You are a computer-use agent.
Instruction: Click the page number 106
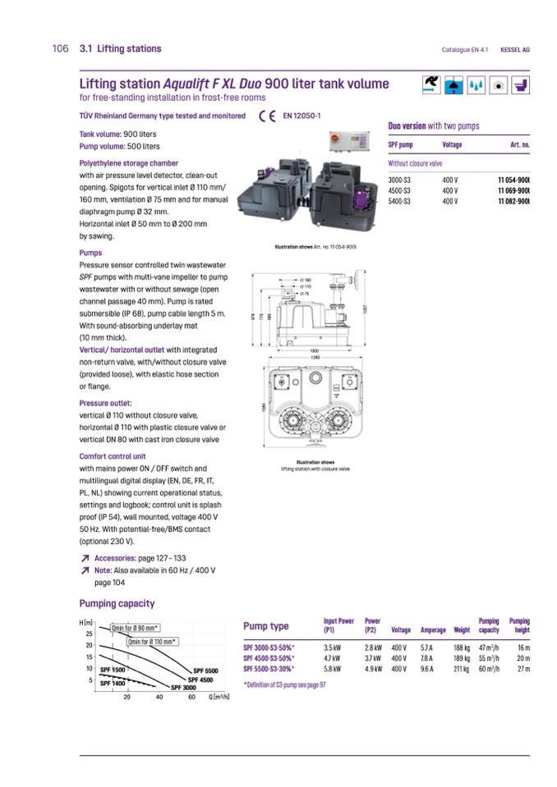59,49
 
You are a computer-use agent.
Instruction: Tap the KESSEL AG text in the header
514,50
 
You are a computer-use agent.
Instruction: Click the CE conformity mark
266,117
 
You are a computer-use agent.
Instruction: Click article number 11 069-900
513,190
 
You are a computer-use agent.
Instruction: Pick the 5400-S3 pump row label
401,200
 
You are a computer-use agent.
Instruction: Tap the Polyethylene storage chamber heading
128,163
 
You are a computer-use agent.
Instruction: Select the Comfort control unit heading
113,456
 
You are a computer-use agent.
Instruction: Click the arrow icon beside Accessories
85,558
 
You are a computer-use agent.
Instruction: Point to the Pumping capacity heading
117,603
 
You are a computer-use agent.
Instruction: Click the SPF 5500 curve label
205,670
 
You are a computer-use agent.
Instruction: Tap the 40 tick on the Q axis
159,697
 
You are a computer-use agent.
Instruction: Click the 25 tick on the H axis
89,634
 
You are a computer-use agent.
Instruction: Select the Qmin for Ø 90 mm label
135,629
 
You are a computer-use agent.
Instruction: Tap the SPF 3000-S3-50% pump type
269,647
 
